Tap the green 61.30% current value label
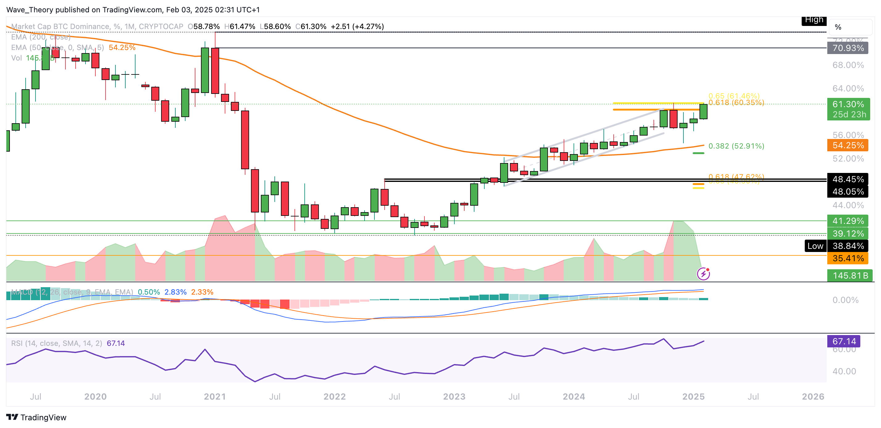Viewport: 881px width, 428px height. [x=848, y=104]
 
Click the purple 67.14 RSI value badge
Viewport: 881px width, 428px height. [x=843, y=341]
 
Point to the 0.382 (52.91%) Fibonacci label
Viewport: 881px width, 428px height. [x=736, y=146]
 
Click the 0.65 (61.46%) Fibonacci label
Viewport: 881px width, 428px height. [x=733, y=96]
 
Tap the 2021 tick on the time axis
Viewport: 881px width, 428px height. [x=215, y=397]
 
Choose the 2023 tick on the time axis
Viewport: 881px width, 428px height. [x=454, y=397]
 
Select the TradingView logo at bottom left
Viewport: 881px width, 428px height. [x=36, y=418]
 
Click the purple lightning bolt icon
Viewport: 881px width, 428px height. [x=703, y=274]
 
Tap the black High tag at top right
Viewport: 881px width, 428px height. [x=814, y=20]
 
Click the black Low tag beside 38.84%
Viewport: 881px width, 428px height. [x=815, y=246]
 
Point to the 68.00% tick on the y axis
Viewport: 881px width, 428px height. [x=848, y=65]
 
